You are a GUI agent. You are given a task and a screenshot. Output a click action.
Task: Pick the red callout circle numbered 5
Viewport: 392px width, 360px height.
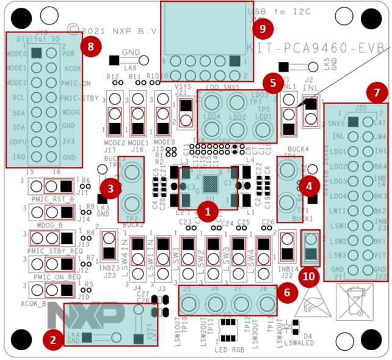274,82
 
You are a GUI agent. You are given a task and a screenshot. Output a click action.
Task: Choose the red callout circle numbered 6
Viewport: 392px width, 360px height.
287,293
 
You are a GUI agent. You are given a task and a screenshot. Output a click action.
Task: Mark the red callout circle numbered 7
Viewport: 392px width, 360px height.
376,93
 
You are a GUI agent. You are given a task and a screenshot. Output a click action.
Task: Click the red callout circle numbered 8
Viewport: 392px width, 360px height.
91,47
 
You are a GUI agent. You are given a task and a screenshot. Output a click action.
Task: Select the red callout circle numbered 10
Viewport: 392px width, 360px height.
310,276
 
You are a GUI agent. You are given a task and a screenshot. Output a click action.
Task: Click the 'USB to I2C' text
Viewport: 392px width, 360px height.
275,12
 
